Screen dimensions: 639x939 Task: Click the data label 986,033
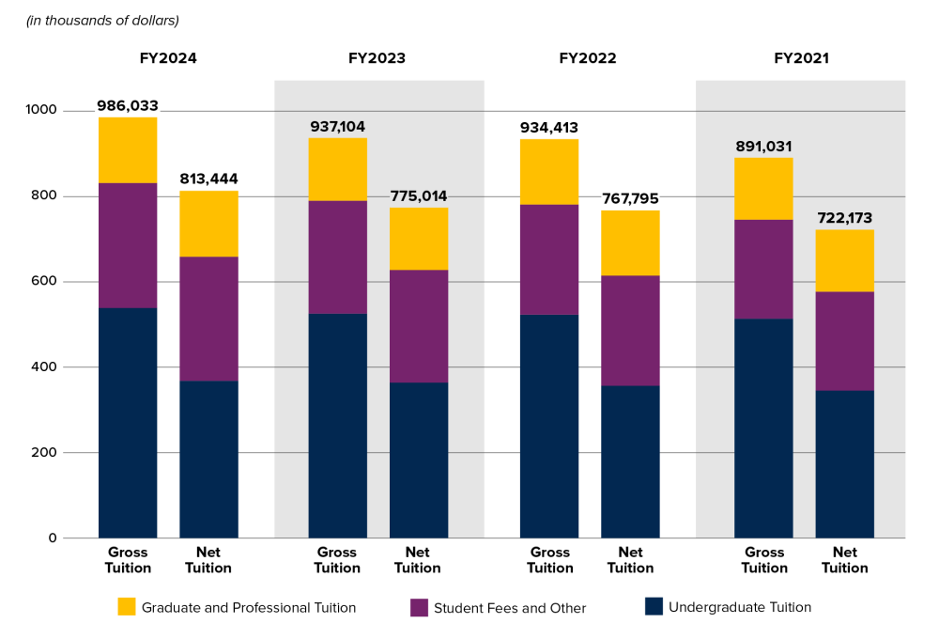click(x=128, y=106)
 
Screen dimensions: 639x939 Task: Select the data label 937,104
click(x=337, y=127)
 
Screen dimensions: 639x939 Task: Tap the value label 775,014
click(x=418, y=196)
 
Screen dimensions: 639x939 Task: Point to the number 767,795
click(x=630, y=199)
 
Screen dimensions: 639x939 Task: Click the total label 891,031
click(x=763, y=147)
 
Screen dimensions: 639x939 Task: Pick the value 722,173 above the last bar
click(x=844, y=218)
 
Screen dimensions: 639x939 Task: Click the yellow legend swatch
click(x=127, y=606)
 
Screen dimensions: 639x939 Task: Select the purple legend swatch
click(x=419, y=608)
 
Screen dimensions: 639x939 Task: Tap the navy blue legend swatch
click(x=654, y=606)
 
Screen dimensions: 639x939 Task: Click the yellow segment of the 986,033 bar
click(x=128, y=150)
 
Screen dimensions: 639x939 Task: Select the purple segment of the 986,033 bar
click(x=128, y=245)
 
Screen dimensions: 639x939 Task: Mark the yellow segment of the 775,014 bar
click(x=418, y=239)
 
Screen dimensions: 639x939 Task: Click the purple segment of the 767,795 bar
click(x=630, y=330)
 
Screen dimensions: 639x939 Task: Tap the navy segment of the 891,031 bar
click(x=763, y=428)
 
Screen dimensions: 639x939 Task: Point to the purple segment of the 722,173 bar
click(x=844, y=340)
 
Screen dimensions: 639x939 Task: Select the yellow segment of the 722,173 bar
click(x=844, y=260)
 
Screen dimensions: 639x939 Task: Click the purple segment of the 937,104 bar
click(x=337, y=257)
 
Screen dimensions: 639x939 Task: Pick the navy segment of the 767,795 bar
click(x=630, y=460)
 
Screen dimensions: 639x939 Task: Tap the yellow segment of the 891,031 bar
click(x=763, y=188)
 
